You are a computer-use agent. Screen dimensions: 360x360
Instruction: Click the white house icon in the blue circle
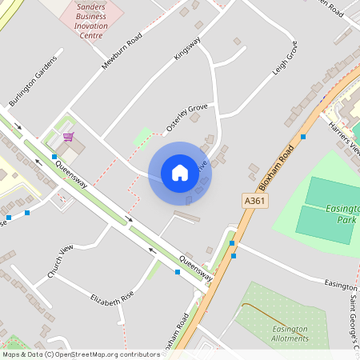[180, 173]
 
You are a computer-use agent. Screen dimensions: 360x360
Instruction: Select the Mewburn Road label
[122, 51]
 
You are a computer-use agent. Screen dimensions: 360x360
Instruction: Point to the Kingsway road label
[187, 47]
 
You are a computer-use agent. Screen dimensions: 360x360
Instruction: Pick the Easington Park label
[343, 214]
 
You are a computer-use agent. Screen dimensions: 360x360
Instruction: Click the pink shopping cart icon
[68, 137]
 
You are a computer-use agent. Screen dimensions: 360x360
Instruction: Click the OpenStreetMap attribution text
[81, 354]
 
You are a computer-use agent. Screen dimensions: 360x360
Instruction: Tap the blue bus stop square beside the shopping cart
[54, 157]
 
